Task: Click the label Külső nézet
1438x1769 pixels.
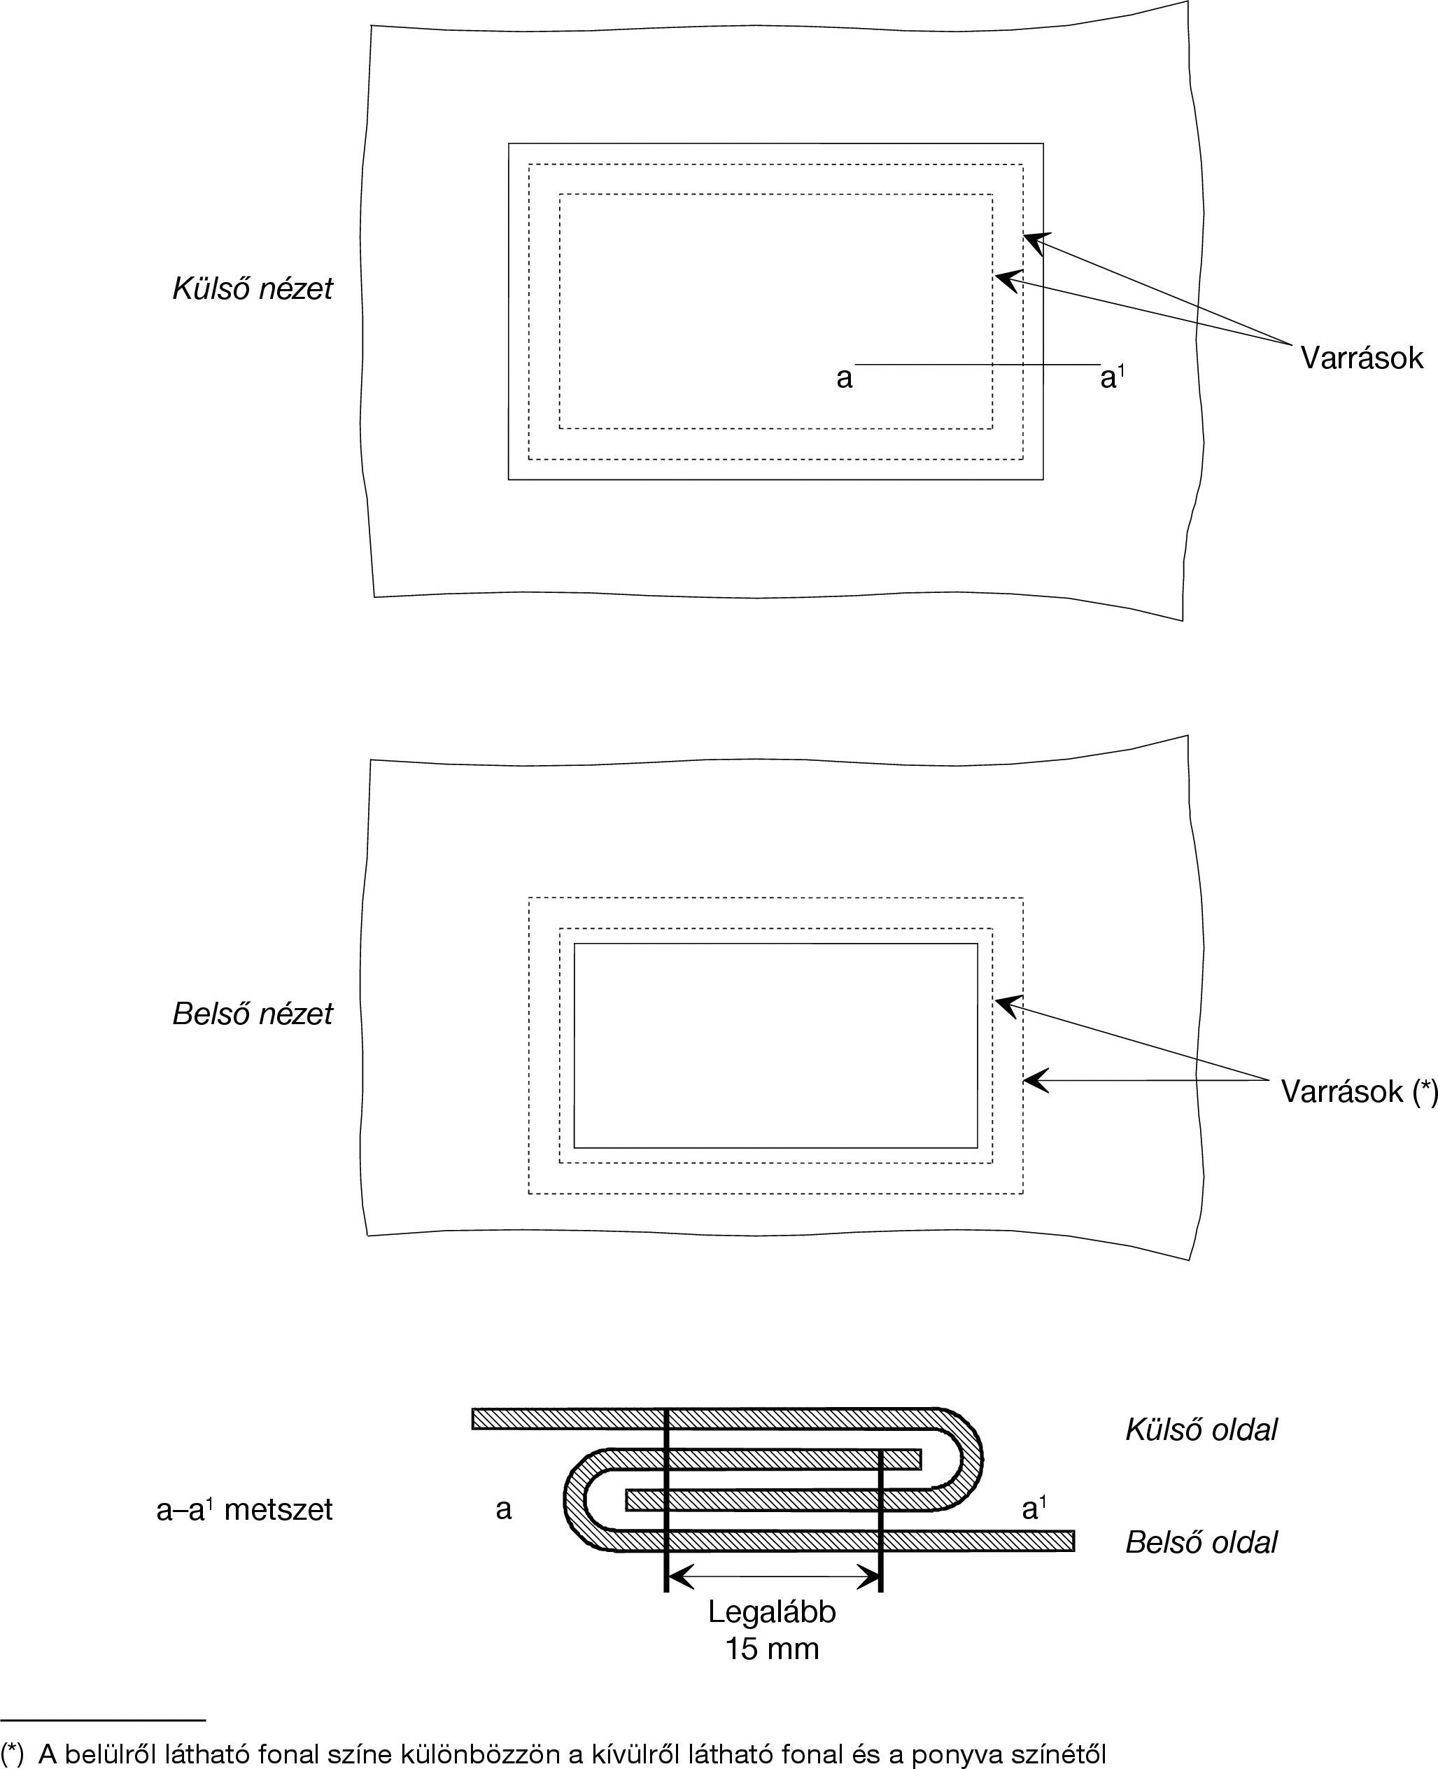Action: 252,288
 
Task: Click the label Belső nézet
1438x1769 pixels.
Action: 252,1014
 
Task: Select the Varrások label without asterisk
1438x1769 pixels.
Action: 1361,358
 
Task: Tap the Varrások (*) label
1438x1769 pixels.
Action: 1358,1091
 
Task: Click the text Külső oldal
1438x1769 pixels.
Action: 1200,1429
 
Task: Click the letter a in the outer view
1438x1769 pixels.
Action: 844,378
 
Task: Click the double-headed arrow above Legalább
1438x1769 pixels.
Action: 773,1576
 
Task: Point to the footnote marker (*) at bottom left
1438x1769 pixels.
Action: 13,1754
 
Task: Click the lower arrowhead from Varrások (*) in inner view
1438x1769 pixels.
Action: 1032,1080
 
